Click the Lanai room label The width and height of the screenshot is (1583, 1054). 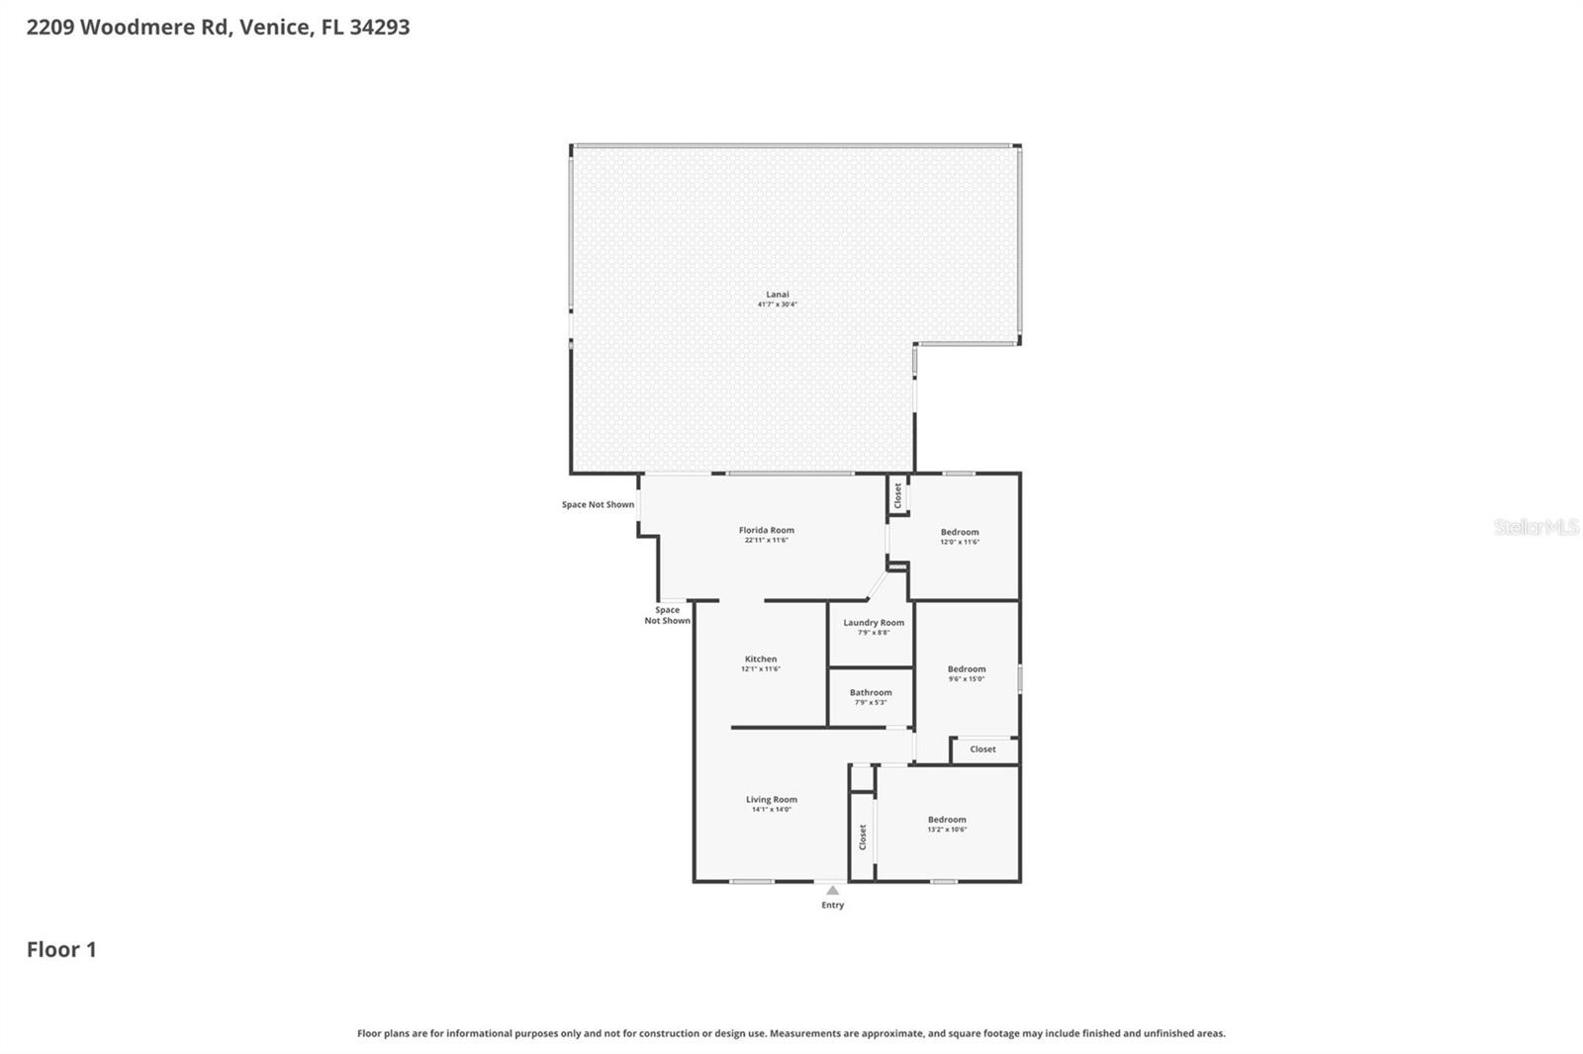pyautogui.click(x=778, y=295)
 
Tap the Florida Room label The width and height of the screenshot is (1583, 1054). pyautogui.click(x=766, y=530)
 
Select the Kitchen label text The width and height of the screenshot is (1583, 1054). pyautogui.click(x=761, y=659)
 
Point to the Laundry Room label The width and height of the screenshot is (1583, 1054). pyautogui.click(x=874, y=623)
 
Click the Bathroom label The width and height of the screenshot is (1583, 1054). pyautogui.click(x=871, y=692)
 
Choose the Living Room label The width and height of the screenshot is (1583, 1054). pyautogui.click(x=771, y=799)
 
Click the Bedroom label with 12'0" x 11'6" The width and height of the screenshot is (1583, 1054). pyautogui.click(x=960, y=532)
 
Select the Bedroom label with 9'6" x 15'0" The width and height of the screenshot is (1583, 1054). pyautogui.click(x=967, y=668)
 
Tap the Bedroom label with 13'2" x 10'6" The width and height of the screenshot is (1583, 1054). pyautogui.click(x=947, y=819)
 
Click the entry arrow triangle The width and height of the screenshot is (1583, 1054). pyautogui.click(x=833, y=890)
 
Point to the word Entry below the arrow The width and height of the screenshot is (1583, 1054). pyautogui.click(x=833, y=905)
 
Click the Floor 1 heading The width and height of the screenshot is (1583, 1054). pyautogui.click(x=61, y=949)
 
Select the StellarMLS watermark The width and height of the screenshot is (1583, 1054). pyautogui.click(x=1536, y=527)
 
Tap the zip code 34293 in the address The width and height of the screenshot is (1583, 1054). pyautogui.click(x=379, y=27)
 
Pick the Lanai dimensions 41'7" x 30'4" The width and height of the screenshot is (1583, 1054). pyautogui.click(x=778, y=305)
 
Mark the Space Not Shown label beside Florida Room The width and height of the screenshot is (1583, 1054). pyautogui.click(x=598, y=504)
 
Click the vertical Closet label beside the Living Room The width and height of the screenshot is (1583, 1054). pyautogui.click(x=863, y=836)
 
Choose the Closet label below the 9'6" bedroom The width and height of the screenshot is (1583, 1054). pyautogui.click(x=982, y=749)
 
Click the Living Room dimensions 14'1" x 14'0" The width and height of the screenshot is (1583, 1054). pyautogui.click(x=771, y=810)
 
